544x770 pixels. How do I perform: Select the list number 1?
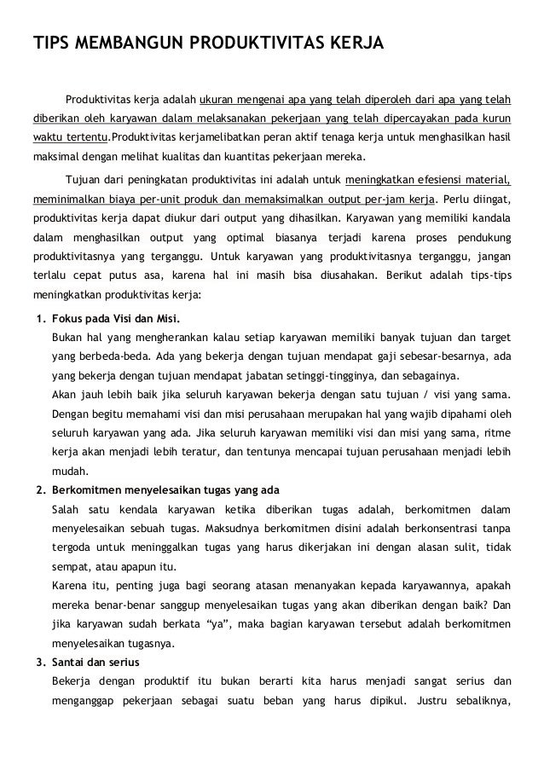click(x=38, y=320)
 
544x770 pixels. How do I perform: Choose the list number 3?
click(x=38, y=663)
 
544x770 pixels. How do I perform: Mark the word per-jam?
click(x=379, y=200)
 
